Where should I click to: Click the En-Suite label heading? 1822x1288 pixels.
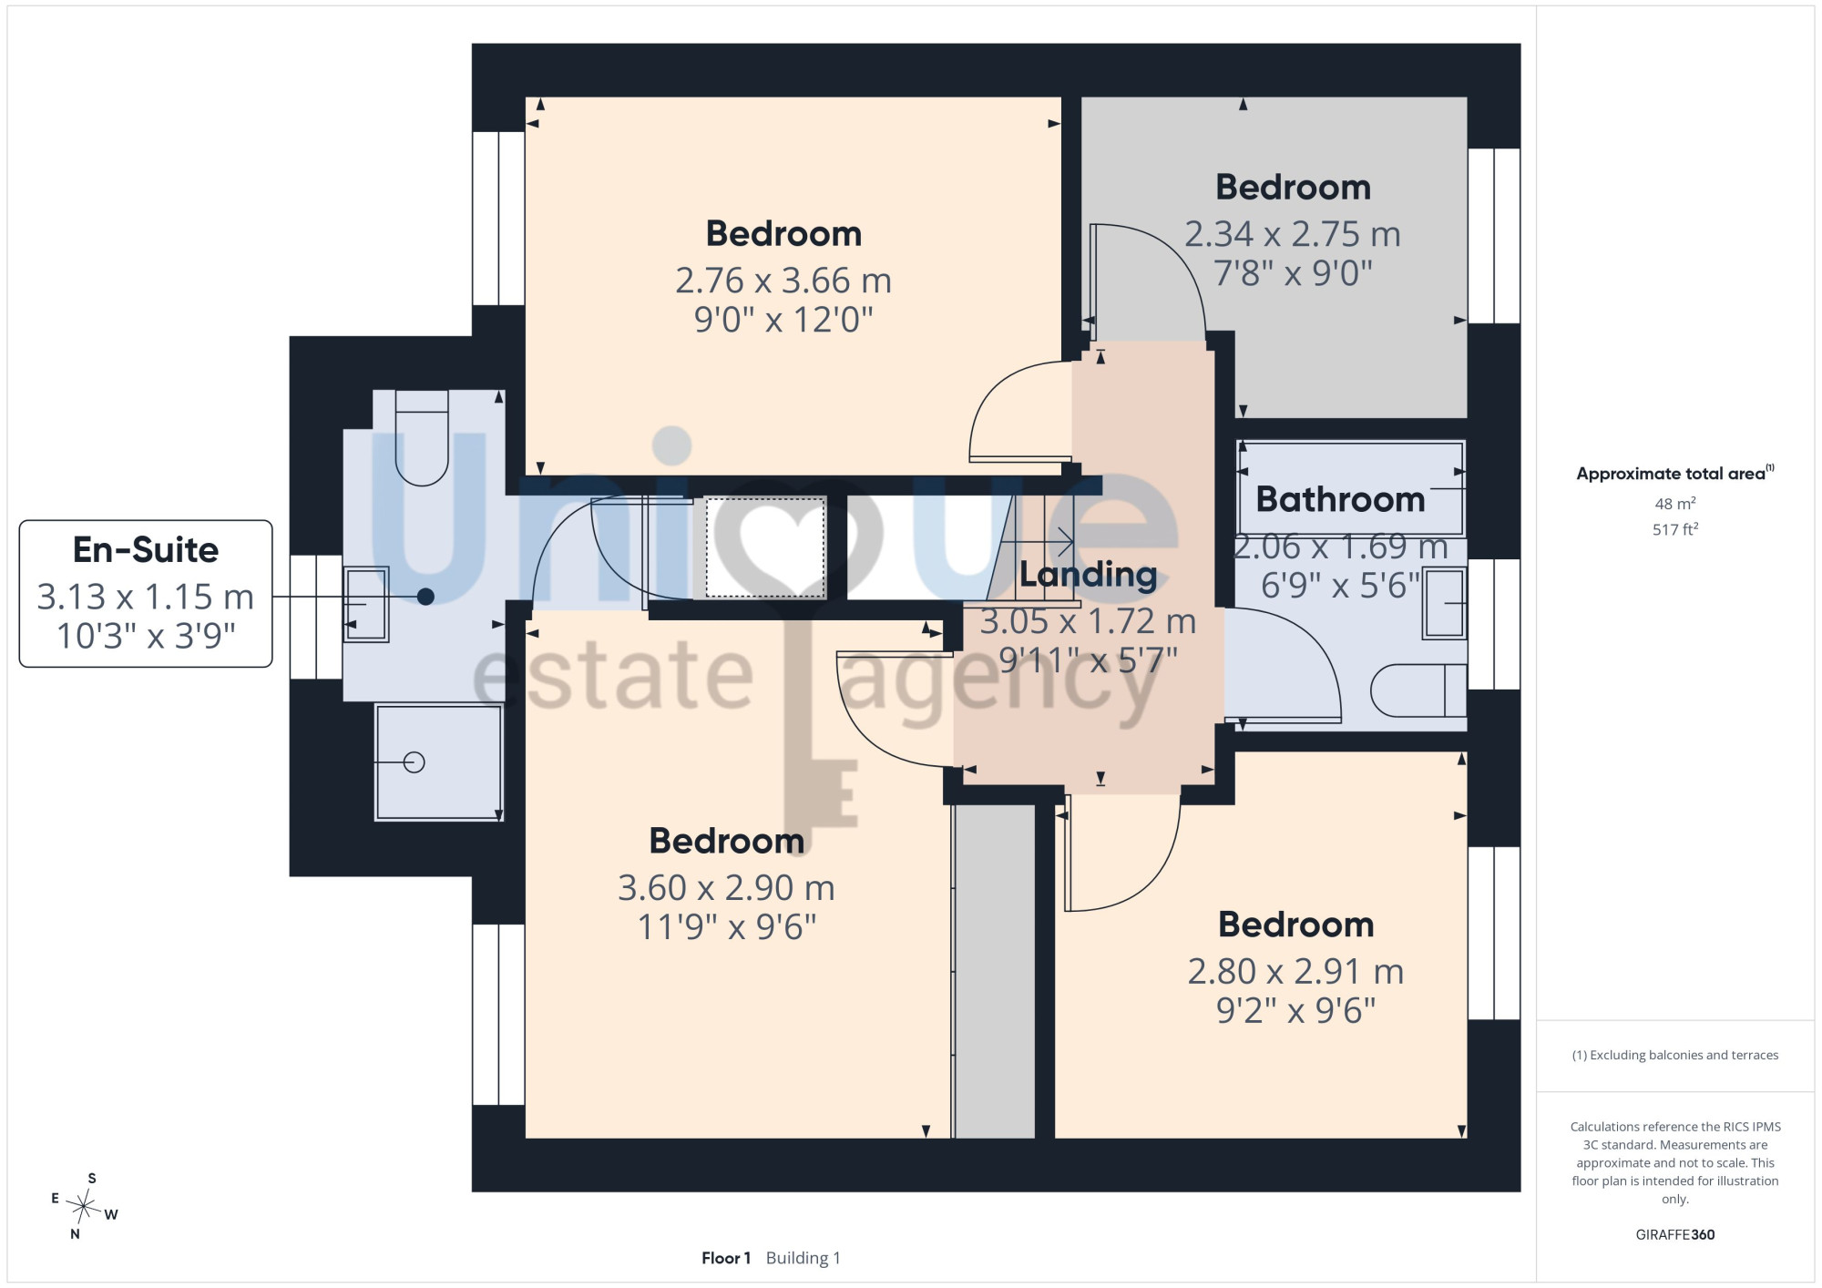[x=146, y=550]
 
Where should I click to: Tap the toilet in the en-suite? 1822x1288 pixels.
[x=422, y=438]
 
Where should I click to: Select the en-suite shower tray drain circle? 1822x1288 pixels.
[x=414, y=762]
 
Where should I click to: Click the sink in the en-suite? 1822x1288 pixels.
[x=366, y=604]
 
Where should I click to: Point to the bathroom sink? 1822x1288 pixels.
[x=1444, y=602]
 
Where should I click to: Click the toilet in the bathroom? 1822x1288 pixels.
[x=1418, y=690]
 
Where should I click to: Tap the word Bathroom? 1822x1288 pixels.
[x=1340, y=499]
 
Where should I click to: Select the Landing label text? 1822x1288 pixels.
[x=1088, y=574]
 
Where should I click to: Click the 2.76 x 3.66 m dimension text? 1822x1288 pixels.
[x=783, y=281]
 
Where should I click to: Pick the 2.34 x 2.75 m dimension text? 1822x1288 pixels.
[x=1293, y=234]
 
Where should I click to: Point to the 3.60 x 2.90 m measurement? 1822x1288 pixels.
[x=726, y=887]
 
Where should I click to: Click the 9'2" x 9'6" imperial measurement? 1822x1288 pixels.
[x=1295, y=1010]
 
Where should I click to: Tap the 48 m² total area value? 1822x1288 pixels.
[x=1675, y=504]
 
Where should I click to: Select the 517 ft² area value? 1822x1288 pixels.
[x=1675, y=529]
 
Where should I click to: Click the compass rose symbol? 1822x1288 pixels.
[x=84, y=1207]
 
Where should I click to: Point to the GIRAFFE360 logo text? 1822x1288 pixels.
[x=1674, y=1235]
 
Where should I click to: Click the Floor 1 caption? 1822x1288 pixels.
[x=726, y=1258]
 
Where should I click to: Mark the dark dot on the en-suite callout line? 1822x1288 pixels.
[x=425, y=597]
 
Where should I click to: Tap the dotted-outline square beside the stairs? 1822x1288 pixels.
[x=765, y=547]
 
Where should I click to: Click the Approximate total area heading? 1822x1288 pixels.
[x=1675, y=473]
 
